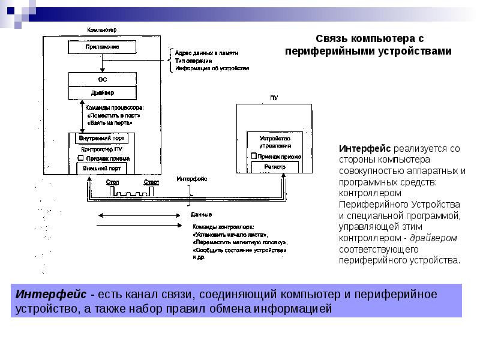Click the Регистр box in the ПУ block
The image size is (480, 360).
[x=275, y=167]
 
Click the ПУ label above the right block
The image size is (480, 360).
[x=274, y=98]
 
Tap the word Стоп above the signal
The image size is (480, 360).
[x=112, y=182]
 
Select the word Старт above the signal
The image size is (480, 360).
[x=151, y=182]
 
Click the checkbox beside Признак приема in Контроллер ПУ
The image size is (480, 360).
[x=80, y=158]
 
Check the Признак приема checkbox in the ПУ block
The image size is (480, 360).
[x=254, y=156]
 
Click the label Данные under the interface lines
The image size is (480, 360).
[x=200, y=214]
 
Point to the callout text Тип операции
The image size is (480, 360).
[x=193, y=61]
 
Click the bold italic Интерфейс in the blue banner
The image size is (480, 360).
[x=51, y=295]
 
